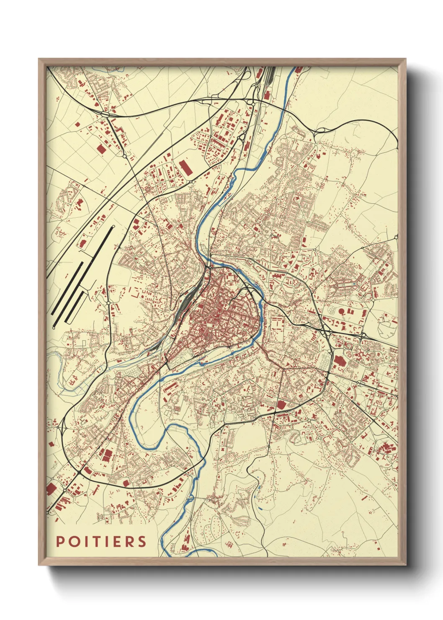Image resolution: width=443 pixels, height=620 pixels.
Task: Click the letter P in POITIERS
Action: click(x=60, y=541)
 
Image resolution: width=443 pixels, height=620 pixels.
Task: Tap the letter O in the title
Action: click(x=73, y=541)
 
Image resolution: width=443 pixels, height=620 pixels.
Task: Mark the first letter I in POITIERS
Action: click(x=84, y=541)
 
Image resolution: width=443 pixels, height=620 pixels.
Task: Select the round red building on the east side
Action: click(x=341, y=311)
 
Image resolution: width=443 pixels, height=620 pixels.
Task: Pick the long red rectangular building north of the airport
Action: click(x=185, y=167)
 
